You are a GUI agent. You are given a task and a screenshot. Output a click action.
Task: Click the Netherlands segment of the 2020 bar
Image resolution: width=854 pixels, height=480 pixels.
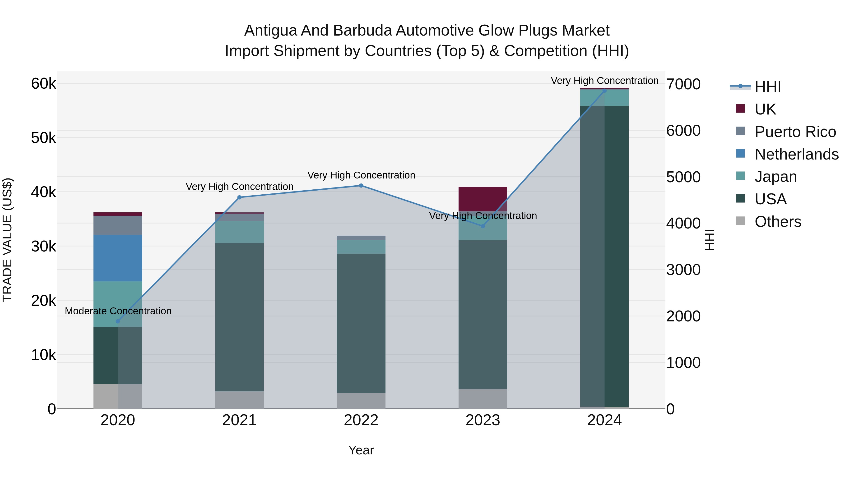[118, 258]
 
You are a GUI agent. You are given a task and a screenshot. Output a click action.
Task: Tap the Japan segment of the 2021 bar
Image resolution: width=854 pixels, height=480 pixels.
[239, 232]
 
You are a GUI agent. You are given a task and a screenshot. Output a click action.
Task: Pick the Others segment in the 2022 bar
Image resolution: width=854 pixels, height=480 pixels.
[361, 401]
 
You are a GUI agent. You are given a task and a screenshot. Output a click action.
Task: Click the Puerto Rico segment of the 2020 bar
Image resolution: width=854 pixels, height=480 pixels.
[118, 225]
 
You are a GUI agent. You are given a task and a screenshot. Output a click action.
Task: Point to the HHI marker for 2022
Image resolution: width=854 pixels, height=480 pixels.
[361, 186]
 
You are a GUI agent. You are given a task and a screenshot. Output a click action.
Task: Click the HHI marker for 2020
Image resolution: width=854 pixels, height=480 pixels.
[118, 321]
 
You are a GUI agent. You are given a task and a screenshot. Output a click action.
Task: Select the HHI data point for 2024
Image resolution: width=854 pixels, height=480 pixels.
[604, 91]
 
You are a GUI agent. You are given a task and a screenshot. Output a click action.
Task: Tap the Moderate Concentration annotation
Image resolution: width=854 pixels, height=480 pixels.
[118, 311]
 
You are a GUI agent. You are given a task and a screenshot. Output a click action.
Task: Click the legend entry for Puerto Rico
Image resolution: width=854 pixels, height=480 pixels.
[795, 132]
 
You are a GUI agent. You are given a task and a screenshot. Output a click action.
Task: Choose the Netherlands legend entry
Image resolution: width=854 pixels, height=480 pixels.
[796, 154]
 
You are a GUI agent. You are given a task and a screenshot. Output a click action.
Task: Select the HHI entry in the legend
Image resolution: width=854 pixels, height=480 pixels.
[768, 87]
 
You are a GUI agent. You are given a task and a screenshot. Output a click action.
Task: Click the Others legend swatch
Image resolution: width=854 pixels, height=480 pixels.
[740, 221]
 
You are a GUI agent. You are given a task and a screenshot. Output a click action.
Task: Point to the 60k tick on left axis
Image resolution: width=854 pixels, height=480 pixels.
[43, 83]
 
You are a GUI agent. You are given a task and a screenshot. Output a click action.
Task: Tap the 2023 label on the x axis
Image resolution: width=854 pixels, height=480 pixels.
[483, 420]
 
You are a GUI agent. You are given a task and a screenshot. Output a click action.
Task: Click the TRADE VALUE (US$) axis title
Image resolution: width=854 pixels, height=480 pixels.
[7, 240]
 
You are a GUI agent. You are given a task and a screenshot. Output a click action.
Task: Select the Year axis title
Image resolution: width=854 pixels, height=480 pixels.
[361, 450]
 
